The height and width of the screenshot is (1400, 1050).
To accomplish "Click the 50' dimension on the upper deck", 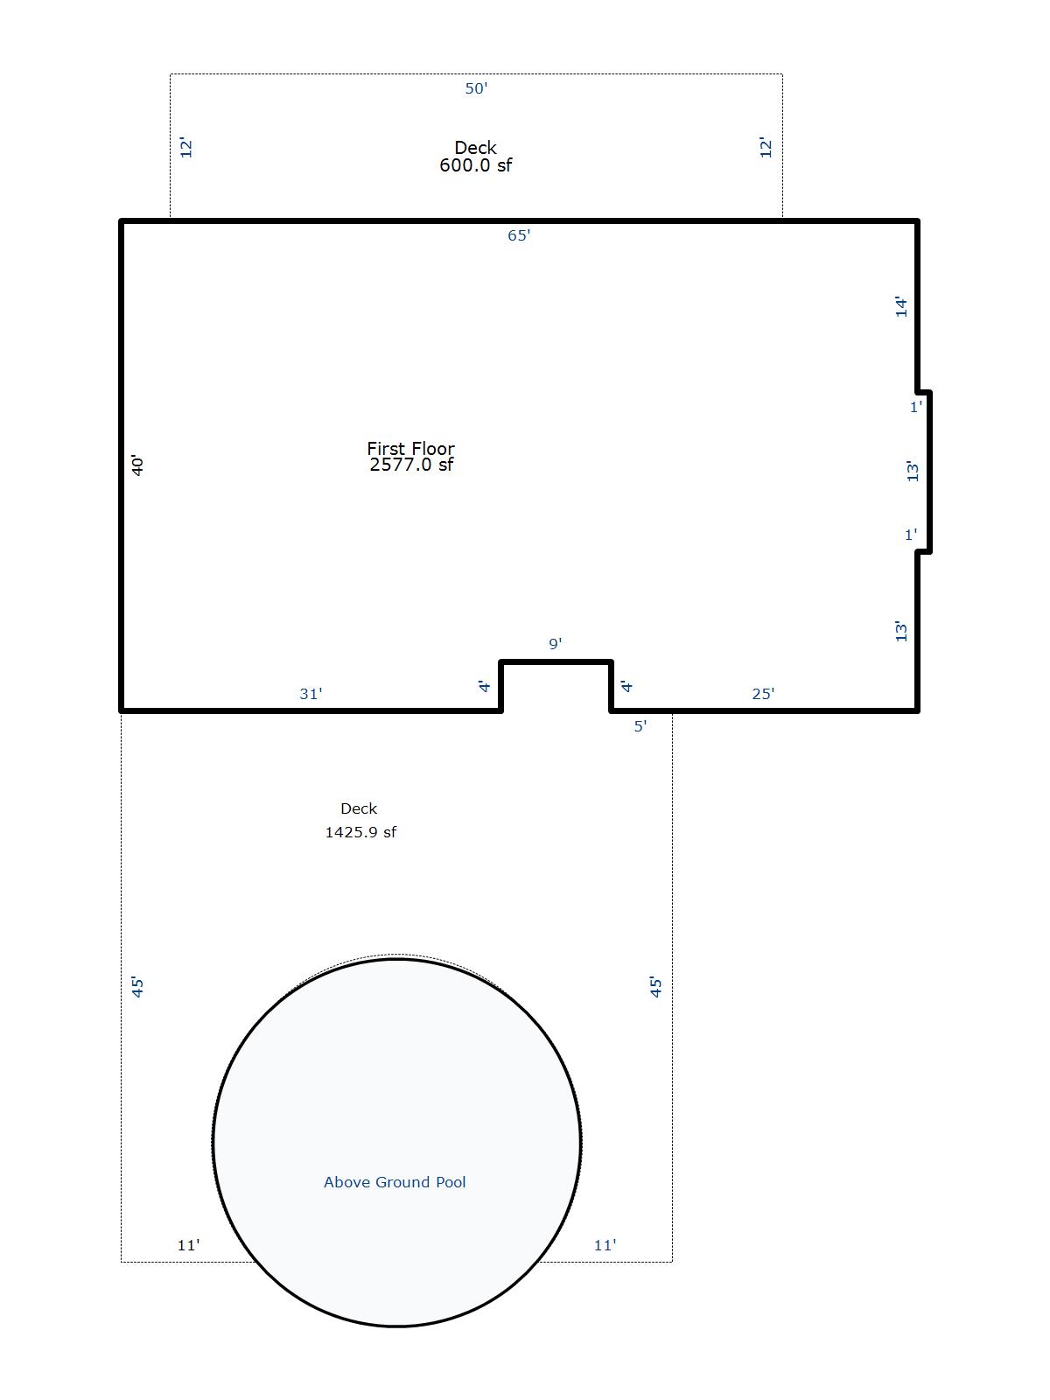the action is tap(476, 88).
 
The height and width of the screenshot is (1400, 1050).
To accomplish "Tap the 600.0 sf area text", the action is tap(476, 165).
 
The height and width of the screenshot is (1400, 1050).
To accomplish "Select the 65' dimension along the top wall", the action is tap(519, 235).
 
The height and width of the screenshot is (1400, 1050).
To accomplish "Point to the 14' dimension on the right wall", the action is tap(901, 306).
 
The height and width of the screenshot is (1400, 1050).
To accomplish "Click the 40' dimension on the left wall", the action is tap(137, 465).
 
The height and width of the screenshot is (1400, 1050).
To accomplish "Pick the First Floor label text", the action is tap(411, 448).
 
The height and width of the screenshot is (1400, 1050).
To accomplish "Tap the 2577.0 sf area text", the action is tap(411, 465).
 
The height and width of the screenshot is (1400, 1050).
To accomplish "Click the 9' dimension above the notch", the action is tap(556, 643).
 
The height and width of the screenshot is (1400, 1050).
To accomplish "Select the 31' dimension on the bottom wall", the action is tap(311, 693).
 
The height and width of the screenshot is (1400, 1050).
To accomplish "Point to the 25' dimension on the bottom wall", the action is tap(763, 693).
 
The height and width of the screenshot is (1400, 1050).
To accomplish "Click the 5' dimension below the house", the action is tap(640, 726).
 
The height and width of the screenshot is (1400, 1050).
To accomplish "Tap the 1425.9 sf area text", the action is tap(360, 832).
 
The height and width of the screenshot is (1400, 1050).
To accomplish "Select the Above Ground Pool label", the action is tap(395, 1182).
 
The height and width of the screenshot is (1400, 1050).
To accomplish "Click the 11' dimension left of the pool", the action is tap(189, 1245).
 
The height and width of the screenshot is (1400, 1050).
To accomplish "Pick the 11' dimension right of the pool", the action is tap(605, 1245).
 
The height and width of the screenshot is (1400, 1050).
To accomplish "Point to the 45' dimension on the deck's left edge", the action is tap(137, 987).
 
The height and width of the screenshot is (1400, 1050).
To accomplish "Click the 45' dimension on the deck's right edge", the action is tap(656, 987).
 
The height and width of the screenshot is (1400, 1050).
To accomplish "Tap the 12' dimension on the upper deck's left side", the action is tap(186, 147).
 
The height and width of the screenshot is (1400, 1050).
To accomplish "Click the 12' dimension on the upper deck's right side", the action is tap(766, 147).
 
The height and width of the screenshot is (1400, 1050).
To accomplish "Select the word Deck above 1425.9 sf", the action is tap(359, 808).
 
